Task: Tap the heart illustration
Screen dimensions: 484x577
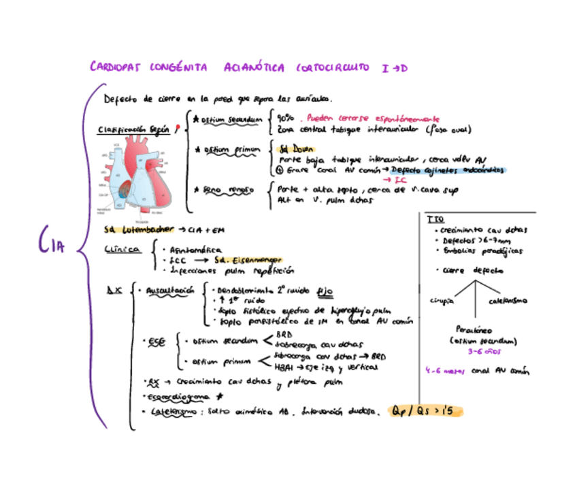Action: [x=139, y=178]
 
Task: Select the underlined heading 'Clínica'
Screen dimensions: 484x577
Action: [x=123, y=250]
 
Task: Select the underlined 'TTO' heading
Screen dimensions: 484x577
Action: [x=435, y=219]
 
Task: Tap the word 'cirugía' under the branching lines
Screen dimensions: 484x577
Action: [x=442, y=300]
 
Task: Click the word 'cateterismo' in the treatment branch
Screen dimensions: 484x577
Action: [x=507, y=300]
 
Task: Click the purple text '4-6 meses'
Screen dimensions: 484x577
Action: [x=442, y=371]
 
